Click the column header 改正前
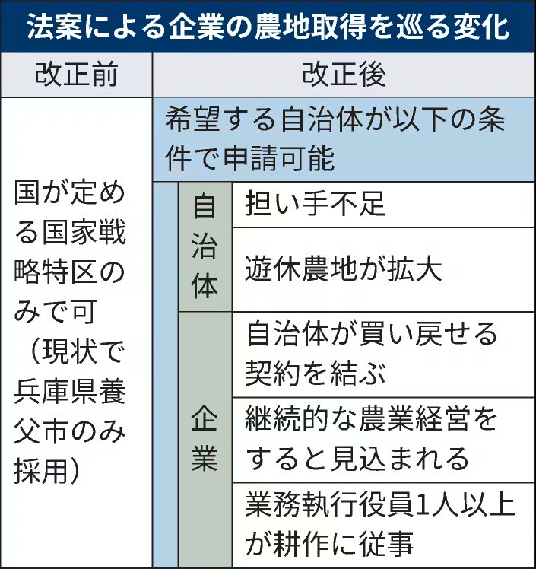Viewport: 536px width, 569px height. (x=76, y=75)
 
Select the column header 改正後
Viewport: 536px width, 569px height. (x=344, y=75)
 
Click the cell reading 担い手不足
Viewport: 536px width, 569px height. (x=316, y=204)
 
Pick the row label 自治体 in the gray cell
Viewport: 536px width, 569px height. (x=204, y=246)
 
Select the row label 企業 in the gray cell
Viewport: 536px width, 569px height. (x=204, y=439)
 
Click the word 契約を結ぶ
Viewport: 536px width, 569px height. (x=316, y=372)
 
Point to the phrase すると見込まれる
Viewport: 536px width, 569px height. (x=357, y=458)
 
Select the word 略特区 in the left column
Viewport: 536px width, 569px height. (x=56, y=272)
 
